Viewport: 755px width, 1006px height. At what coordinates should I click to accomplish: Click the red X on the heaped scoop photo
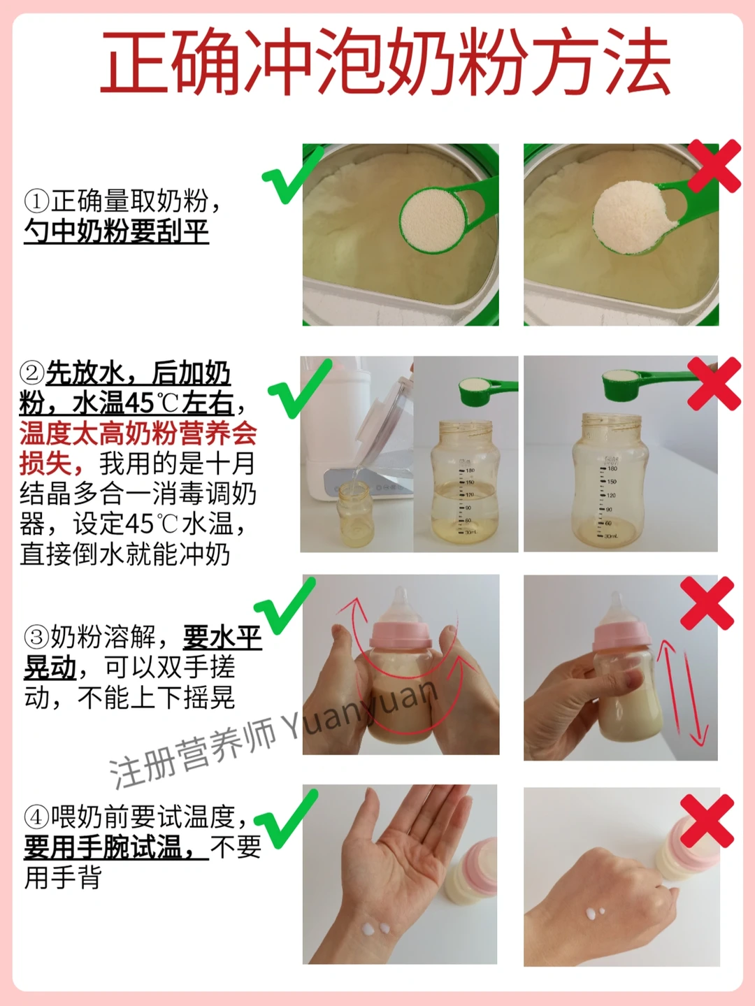click(714, 166)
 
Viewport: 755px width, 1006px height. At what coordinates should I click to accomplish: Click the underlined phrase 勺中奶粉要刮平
click(116, 231)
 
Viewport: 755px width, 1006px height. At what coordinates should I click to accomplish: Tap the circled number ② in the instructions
click(32, 373)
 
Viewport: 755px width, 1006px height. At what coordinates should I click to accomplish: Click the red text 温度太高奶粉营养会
click(138, 433)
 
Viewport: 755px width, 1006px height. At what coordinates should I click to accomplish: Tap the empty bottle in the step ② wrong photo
click(611, 481)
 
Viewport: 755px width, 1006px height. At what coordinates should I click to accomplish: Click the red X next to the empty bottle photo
click(714, 384)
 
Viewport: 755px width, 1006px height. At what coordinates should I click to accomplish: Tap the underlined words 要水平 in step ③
click(222, 637)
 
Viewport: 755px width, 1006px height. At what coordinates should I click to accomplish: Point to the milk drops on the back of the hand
click(595, 913)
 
